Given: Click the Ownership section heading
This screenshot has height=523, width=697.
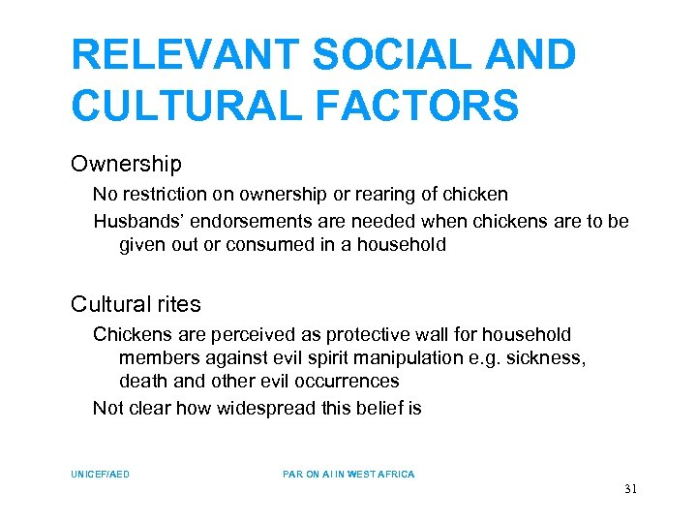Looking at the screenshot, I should pyautogui.click(x=126, y=165).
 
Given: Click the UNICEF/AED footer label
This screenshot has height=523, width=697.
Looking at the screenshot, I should pyautogui.click(x=101, y=475).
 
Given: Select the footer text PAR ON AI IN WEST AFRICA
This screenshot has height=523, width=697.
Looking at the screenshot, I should pyautogui.click(x=348, y=475).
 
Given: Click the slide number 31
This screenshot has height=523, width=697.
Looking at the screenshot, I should pyautogui.click(x=630, y=489).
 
